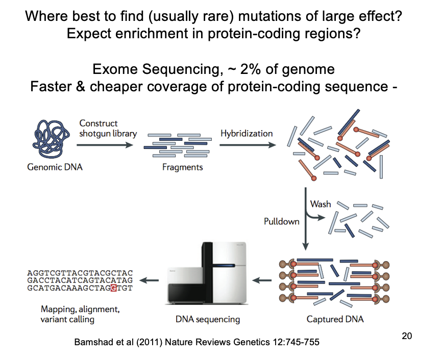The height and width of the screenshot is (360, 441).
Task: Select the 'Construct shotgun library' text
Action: point(108,128)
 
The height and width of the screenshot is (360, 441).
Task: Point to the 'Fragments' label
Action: point(182,167)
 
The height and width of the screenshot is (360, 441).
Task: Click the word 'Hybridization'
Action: point(247,134)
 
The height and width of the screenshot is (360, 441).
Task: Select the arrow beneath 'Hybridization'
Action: point(247,145)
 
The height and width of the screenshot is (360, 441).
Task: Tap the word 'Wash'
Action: point(321,204)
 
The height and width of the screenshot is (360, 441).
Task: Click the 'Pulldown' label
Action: point(281,222)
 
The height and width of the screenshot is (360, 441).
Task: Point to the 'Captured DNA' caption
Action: point(335,319)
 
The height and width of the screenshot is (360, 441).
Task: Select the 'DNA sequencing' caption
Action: point(207,319)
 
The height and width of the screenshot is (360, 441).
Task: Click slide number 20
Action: point(407,336)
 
